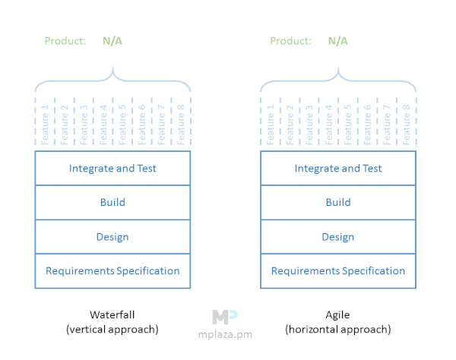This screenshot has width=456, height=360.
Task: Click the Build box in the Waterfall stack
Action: tap(112, 202)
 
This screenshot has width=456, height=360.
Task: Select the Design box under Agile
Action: tap(338, 237)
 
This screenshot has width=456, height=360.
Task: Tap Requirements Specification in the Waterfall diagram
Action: tap(112, 271)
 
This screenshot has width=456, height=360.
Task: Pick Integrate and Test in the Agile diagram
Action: tap(338, 169)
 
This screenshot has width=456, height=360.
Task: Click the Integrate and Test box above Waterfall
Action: tap(112, 169)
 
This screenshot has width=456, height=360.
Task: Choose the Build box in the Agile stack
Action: tap(338, 202)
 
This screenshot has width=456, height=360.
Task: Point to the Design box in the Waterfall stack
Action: tap(112, 237)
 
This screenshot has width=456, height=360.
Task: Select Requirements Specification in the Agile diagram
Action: tap(338, 271)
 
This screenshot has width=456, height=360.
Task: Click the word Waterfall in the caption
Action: tap(112, 314)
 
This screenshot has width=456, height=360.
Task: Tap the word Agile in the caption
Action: tap(337, 315)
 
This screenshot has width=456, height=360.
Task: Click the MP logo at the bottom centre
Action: tap(225, 317)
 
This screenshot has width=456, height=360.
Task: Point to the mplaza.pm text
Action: tap(225, 335)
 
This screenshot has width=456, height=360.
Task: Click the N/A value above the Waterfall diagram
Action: tap(112, 41)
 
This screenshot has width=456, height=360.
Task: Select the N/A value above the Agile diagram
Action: tap(338, 41)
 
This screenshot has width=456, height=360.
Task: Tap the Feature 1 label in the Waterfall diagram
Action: tap(45, 125)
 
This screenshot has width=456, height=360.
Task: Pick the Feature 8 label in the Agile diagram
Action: tap(407, 125)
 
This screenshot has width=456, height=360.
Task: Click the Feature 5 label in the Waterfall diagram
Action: tap(122, 125)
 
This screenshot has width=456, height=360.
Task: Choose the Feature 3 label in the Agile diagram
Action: tap(309, 125)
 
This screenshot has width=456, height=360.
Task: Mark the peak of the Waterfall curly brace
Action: tap(112, 67)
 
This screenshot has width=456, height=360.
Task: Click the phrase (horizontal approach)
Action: tap(338, 330)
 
